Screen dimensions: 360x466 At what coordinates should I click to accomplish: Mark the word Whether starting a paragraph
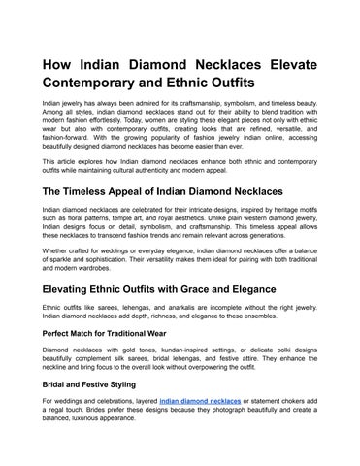coord(55,251)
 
